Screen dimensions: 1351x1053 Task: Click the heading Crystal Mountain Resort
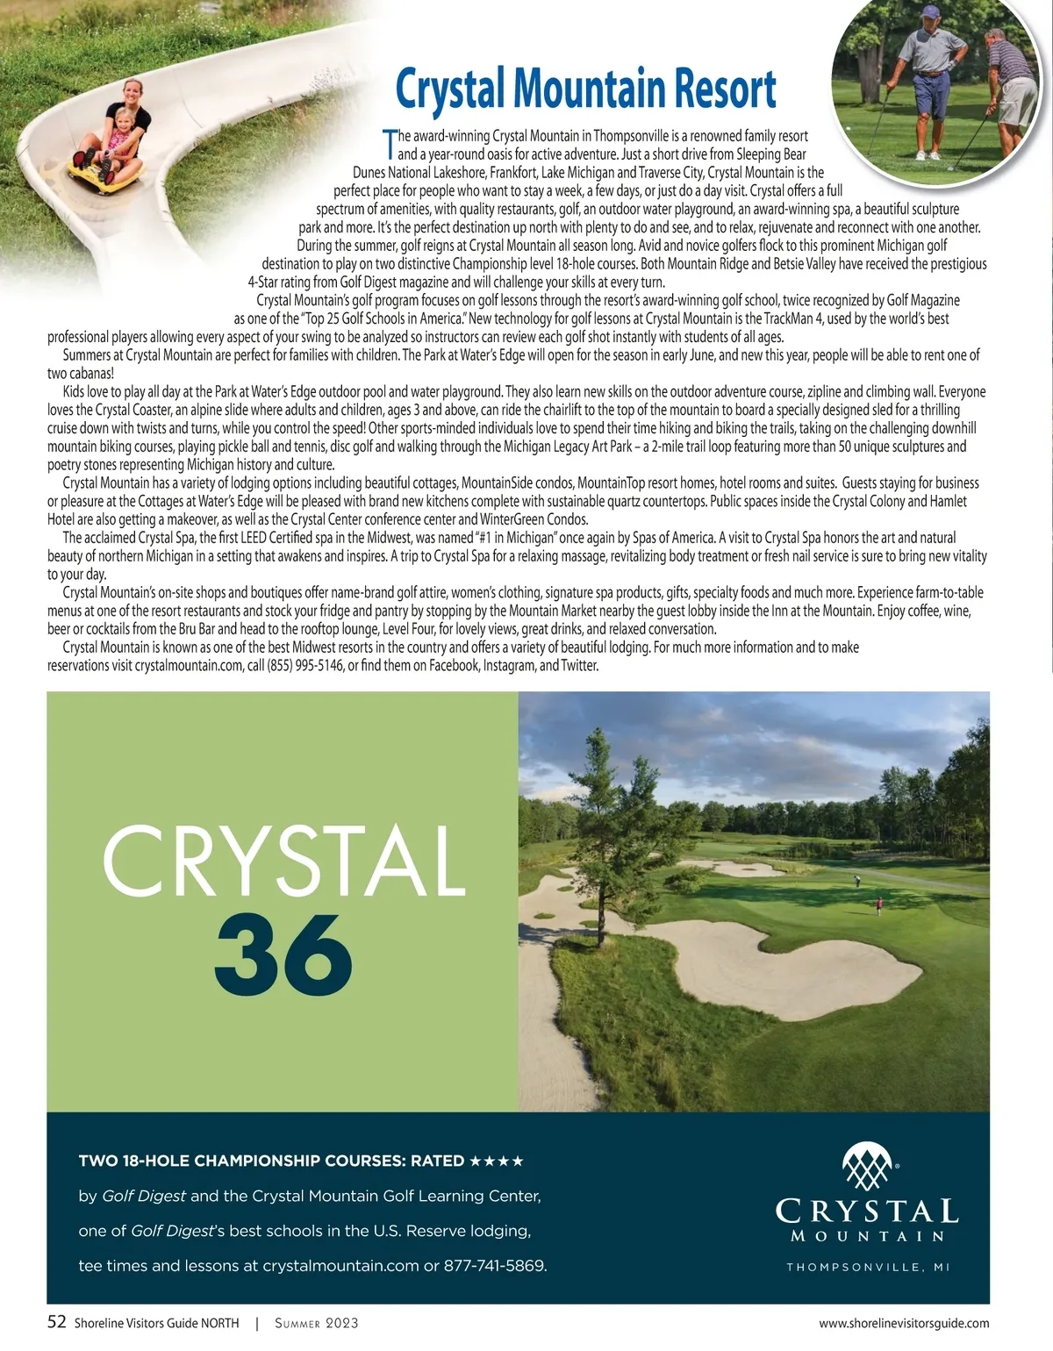585,89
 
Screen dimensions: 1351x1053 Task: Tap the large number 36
283,954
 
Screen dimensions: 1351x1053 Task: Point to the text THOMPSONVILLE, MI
868,1267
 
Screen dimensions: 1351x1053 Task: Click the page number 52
56,1322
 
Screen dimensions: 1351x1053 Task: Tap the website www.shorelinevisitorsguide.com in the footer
904,1323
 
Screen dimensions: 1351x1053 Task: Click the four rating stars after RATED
497,1162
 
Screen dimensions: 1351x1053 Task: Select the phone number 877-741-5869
495,1266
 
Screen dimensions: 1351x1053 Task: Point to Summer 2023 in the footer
316,1323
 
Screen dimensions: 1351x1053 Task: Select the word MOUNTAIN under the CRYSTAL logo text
867,1237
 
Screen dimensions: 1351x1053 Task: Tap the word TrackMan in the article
788,318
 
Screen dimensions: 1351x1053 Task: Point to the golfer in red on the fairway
879,905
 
